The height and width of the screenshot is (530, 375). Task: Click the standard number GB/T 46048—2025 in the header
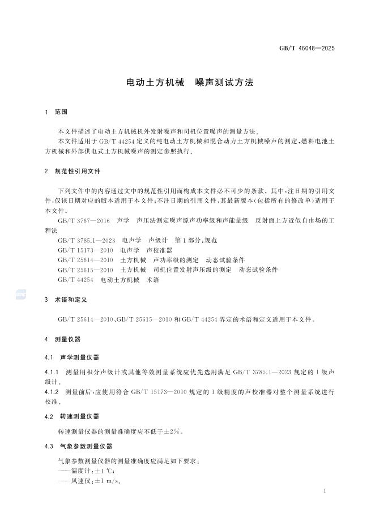click(306, 48)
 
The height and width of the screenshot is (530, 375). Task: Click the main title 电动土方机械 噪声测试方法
click(189, 83)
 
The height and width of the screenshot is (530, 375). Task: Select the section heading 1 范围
click(56, 112)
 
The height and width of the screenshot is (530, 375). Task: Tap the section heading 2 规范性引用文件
click(73, 171)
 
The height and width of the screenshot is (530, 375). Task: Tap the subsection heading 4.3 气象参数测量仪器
click(79, 446)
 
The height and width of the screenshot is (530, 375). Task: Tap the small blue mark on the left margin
click(20, 293)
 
